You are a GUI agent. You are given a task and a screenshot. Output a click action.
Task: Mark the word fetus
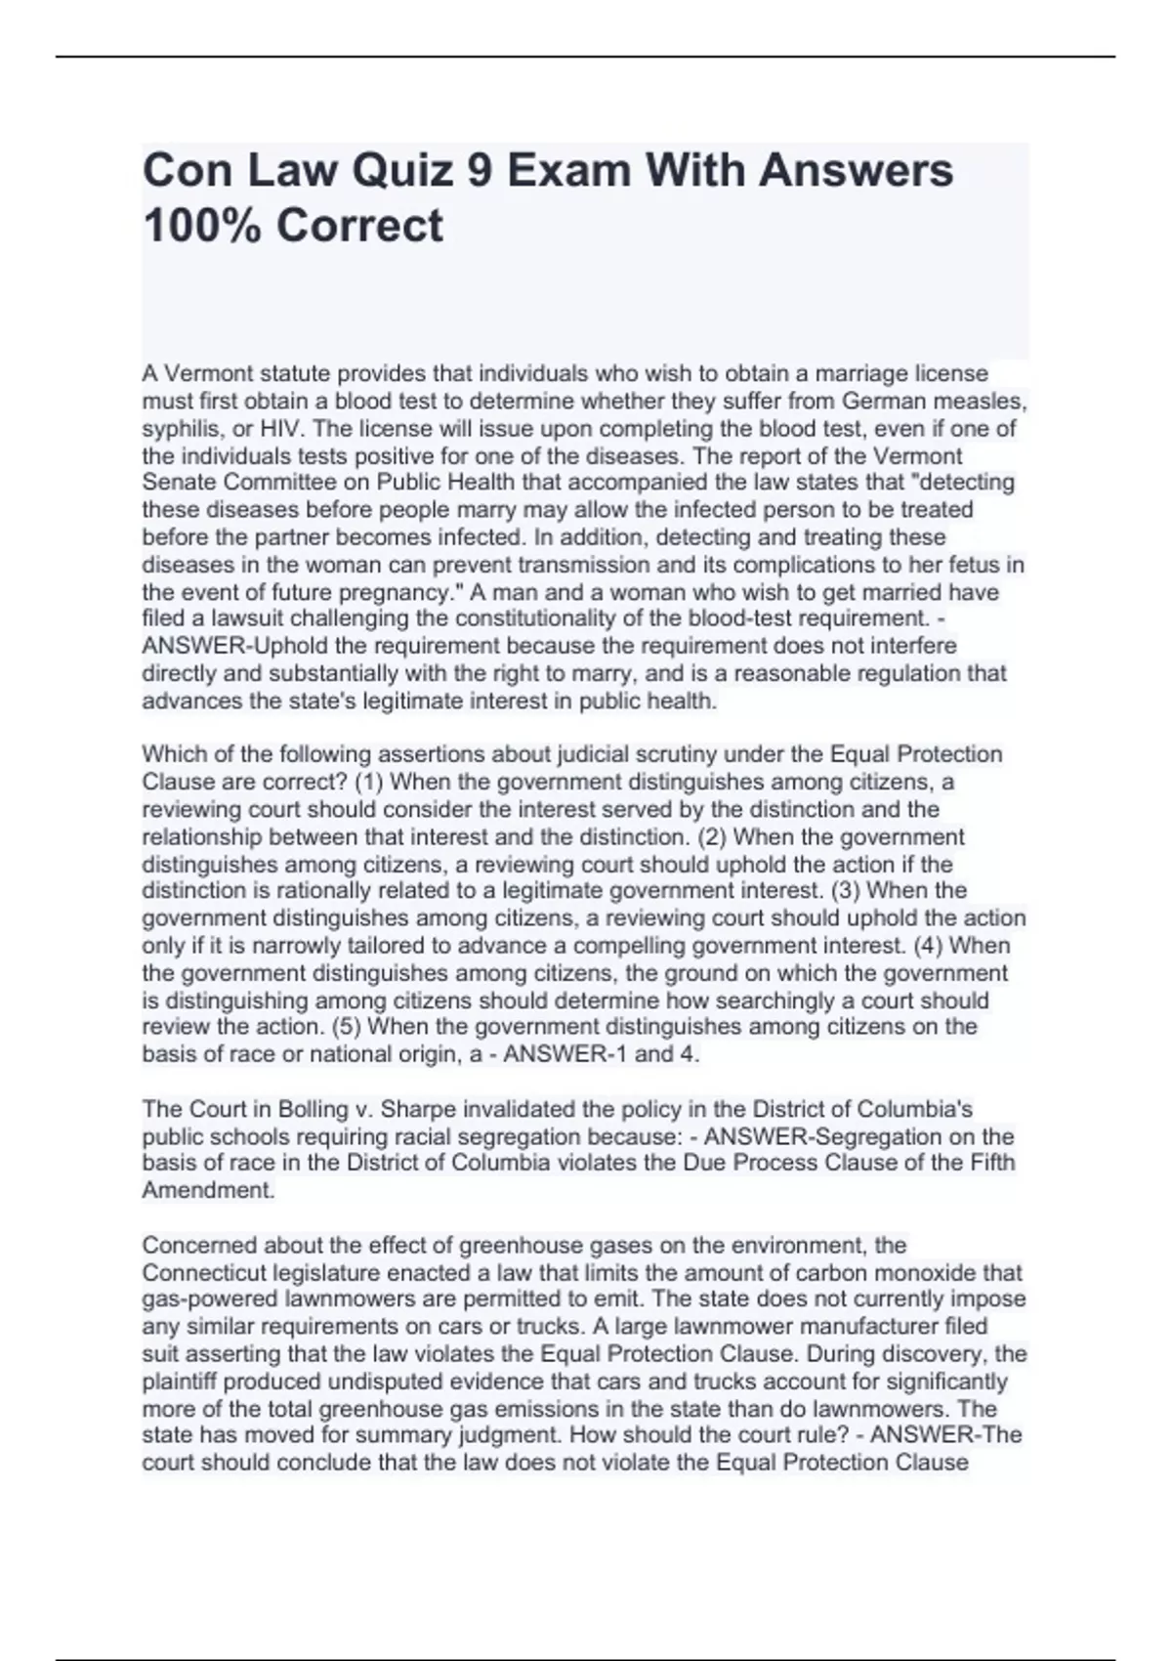click(x=984, y=565)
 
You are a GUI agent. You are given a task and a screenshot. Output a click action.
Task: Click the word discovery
click(x=937, y=1354)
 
